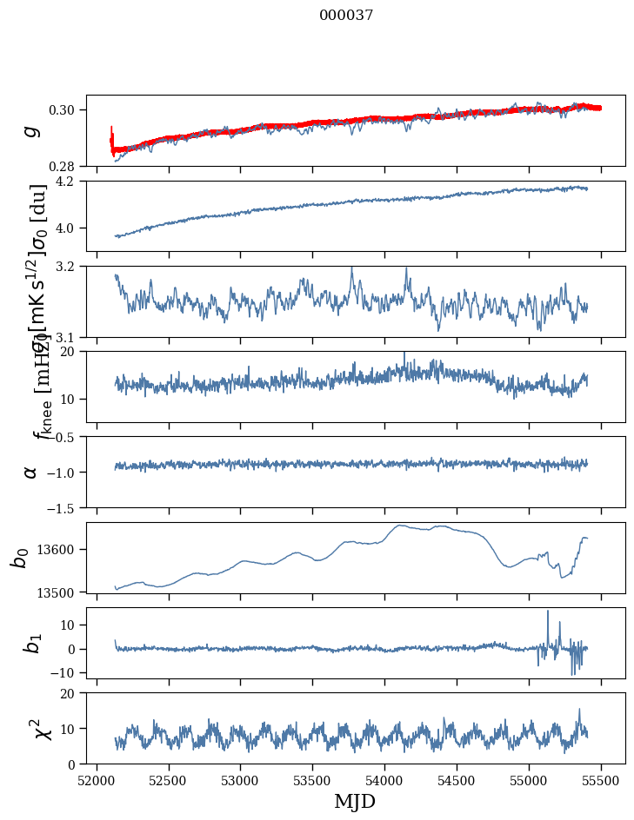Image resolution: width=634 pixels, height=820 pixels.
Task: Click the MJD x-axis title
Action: pos(355,801)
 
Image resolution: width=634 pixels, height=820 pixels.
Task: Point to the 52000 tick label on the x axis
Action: pos(97,779)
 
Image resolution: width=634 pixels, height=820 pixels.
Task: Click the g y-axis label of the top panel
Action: pos(31,130)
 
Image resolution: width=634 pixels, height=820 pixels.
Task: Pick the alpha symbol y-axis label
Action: pos(31,472)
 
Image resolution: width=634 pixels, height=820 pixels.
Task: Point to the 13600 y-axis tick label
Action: pos(61,549)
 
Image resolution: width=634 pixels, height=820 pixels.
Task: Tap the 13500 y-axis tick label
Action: pos(61,592)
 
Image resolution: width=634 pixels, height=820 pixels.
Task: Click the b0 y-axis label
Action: pos(19,557)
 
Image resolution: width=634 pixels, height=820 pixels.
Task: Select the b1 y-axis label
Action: pos(31,642)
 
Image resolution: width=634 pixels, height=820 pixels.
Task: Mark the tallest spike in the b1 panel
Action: pos(548,612)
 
